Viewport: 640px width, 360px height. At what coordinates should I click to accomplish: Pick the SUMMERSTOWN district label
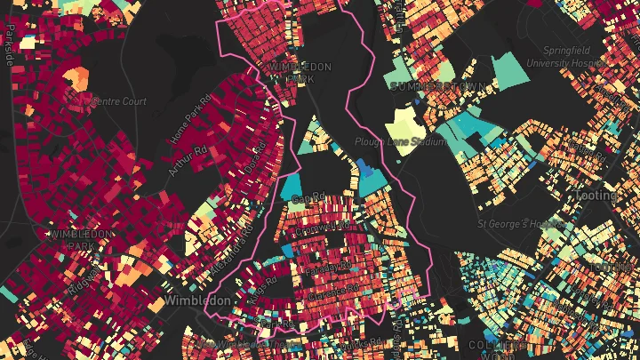coord(437,86)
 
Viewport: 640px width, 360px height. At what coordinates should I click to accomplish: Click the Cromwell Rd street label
coord(325,229)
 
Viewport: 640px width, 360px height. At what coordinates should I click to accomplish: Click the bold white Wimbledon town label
coord(196,300)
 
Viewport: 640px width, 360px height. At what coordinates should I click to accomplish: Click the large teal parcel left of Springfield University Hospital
coord(510,73)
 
